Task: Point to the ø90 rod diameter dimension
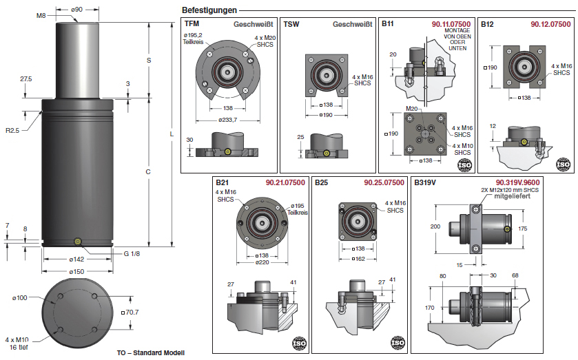pos(78,10)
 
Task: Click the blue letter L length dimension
pos(170,133)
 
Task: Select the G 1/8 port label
pos(132,253)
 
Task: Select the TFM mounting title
pos(192,24)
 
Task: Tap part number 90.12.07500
pos(550,24)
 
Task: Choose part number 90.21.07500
pos(285,182)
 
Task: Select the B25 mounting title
pos(321,182)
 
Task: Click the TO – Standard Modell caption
pos(151,352)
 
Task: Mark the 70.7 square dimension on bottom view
pos(130,312)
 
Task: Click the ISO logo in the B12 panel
pos(563,164)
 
